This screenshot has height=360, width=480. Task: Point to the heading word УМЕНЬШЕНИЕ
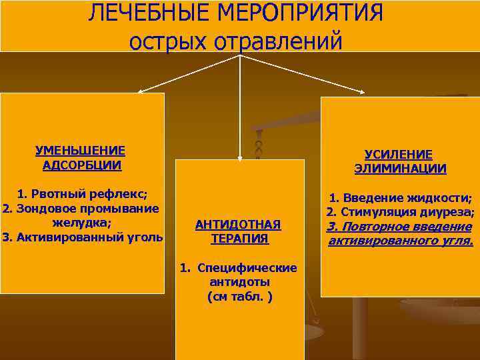pos(80,151)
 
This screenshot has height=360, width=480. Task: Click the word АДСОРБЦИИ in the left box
pos(81,165)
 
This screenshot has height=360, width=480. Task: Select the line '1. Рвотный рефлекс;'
pos(82,194)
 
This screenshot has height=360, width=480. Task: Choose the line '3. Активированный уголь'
pos(82,236)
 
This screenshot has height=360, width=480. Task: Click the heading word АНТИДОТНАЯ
pos(238,225)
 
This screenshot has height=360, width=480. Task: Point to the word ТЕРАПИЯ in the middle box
pos(239,239)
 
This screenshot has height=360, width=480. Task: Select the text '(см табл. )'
pos(239,295)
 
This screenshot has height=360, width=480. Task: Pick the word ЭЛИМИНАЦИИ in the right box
pos(400,169)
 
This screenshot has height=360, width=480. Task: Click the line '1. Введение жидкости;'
pos(401,198)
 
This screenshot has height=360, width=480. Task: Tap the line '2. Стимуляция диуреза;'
pos(401,213)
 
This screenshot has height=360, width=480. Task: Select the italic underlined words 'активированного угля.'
pos(401,241)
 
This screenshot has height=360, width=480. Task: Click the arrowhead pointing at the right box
pos(366,92)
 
